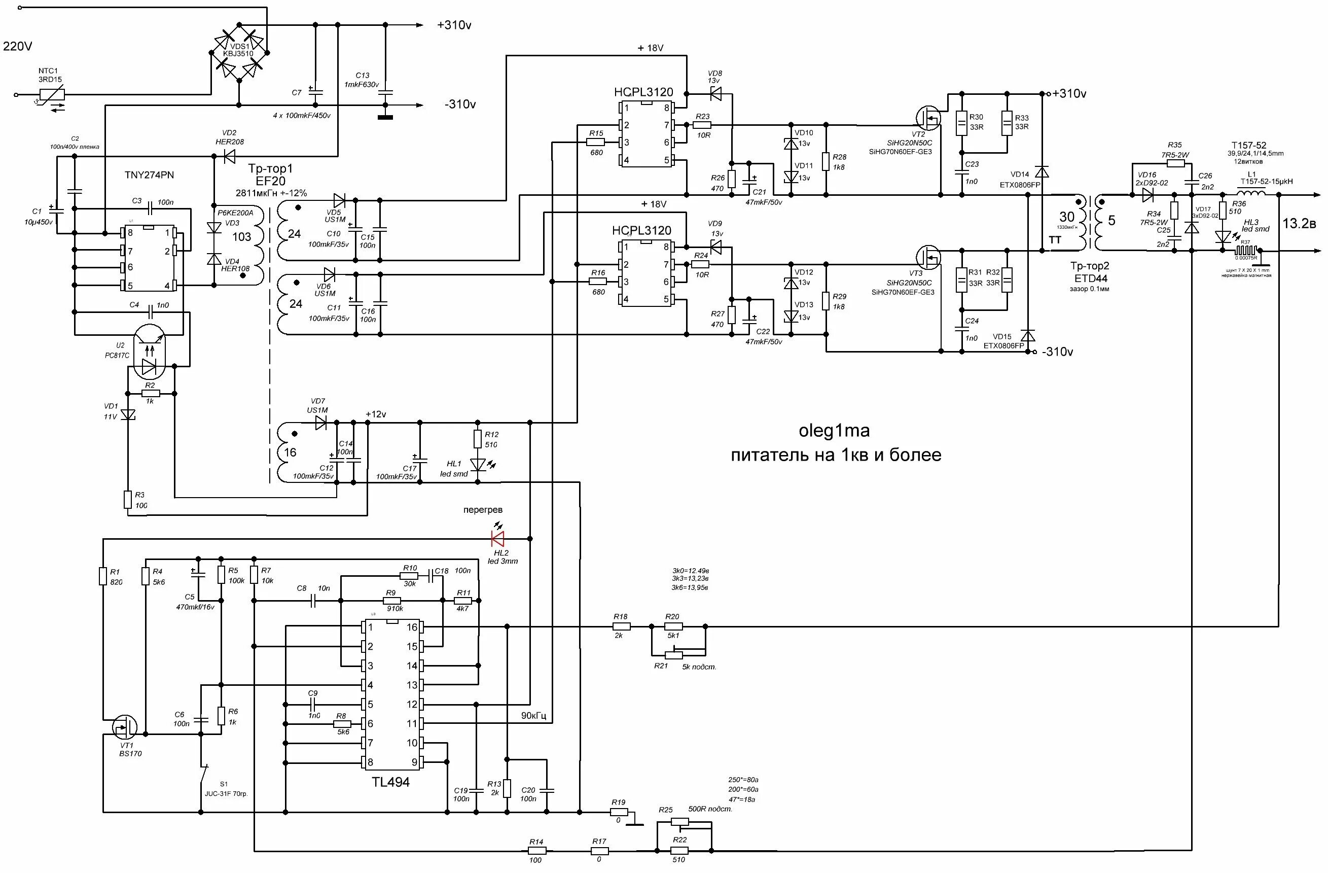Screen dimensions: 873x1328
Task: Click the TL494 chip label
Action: click(390, 782)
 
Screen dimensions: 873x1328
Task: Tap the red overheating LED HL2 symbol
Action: click(497, 539)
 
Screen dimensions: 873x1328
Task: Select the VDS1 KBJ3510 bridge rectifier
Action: click(239, 53)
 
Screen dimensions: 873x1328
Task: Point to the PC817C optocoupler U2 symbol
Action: click(149, 351)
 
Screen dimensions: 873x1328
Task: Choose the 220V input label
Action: click(18, 46)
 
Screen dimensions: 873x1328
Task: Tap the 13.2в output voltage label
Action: click(1299, 224)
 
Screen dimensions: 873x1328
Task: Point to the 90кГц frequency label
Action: click(533, 716)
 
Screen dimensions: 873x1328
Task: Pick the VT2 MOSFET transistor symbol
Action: click(928, 118)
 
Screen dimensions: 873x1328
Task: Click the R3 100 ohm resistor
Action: click(128, 500)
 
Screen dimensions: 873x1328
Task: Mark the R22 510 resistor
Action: click(679, 851)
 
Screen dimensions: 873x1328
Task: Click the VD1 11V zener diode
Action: click(128, 414)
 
